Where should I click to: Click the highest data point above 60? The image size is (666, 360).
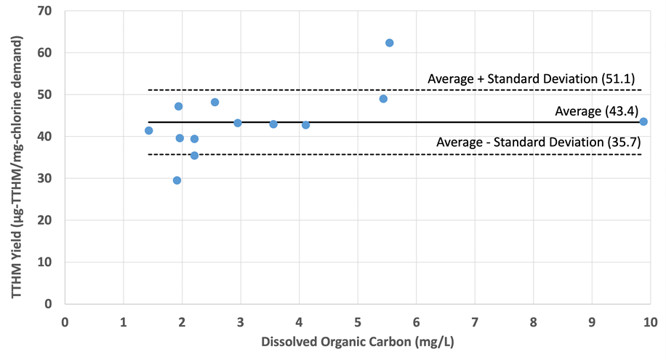click(389, 43)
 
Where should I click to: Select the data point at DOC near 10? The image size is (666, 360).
click(643, 121)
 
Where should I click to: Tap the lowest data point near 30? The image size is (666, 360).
click(177, 180)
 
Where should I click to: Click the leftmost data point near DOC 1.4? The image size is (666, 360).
click(148, 130)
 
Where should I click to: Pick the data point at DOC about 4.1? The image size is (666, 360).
click(305, 125)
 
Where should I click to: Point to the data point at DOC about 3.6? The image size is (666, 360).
click(273, 124)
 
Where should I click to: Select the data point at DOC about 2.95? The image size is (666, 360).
click(238, 123)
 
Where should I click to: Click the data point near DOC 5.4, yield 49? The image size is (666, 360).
click(383, 99)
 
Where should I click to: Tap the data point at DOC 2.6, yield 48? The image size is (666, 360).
click(214, 102)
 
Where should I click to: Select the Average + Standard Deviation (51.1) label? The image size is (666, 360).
click(533, 78)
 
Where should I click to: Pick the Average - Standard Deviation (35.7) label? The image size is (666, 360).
click(538, 143)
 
